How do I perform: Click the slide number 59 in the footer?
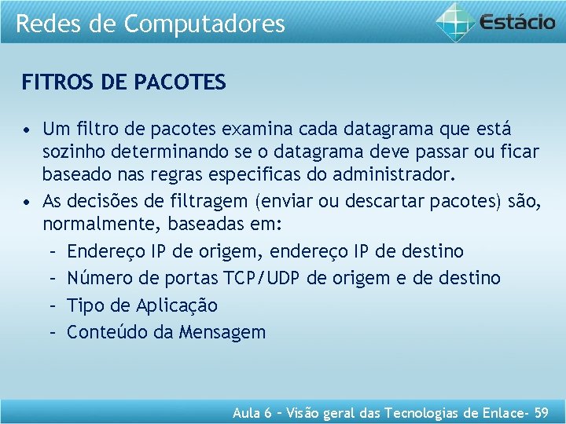pos(541,411)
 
